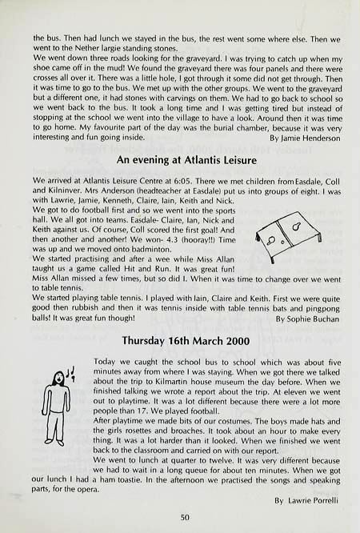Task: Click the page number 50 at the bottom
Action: [184, 518]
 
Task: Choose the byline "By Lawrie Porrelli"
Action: [307, 500]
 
